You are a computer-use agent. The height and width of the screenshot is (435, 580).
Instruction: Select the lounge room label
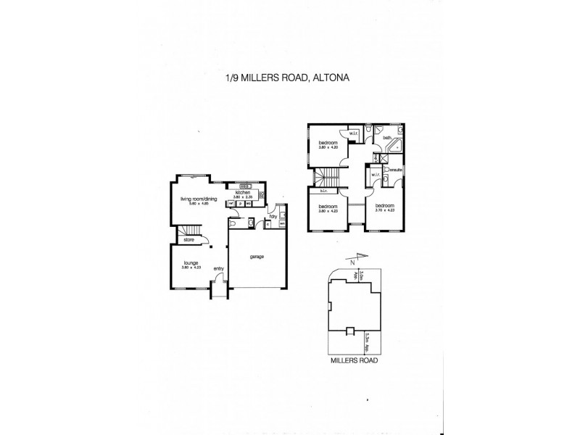pos(191,263)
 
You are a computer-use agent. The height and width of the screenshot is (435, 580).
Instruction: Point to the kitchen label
pos(242,192)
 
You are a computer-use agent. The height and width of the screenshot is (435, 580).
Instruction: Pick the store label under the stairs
pos(188,239)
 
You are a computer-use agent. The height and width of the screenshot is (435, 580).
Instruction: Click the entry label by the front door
pos(218,269)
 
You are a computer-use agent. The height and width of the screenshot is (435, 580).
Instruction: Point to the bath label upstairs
pos(387,137)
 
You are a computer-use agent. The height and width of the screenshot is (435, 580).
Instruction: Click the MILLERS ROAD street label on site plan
pos(354,359)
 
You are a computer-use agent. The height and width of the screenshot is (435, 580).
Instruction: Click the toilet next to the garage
pos(248,224)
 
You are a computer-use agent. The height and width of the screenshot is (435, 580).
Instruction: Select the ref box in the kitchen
pos(231,204)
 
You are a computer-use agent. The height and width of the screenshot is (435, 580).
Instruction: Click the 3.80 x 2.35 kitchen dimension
pos(244,197)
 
